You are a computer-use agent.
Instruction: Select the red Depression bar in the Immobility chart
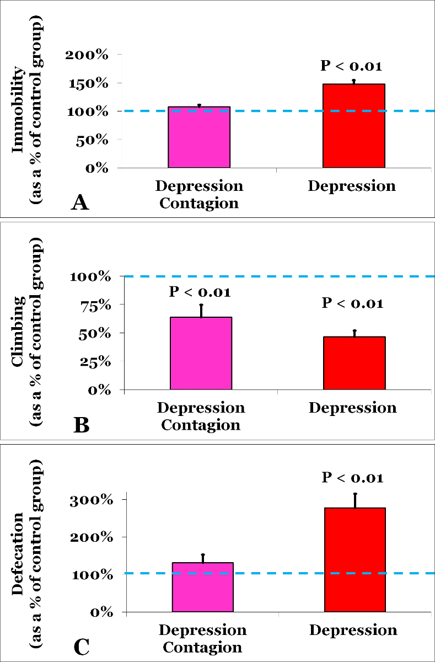[x=353, y=126]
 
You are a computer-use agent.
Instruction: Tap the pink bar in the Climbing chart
[x=201, y=353]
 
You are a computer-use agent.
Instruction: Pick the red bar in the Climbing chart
[x=354, y=363]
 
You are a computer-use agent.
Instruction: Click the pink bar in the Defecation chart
[x=203, y=587]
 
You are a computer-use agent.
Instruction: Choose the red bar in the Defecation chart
[x=355, y=559]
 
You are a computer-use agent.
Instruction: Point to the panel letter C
[x=81, y=647]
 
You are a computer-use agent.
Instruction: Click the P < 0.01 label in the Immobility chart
[x=351, y=66]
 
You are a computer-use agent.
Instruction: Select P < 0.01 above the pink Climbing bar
[x=200, y=291]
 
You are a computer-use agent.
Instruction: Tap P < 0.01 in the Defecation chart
[x=352, y=477]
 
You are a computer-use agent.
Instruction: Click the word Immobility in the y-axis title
[x=19, y=110]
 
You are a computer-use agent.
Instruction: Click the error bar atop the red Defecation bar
[x=356, y=500]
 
